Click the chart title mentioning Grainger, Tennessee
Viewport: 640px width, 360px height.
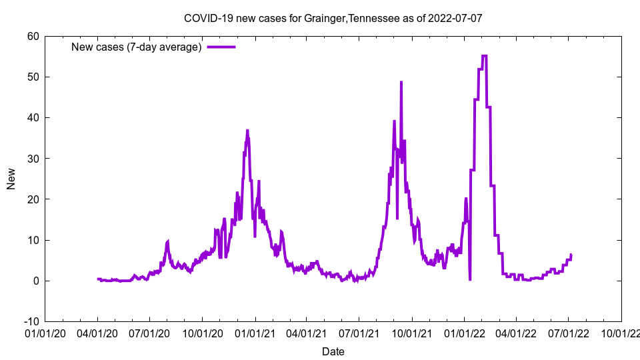tap(333, 18)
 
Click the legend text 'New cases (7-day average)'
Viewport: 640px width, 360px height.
tap(136, 47)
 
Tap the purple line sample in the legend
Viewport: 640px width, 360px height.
tap(221, 47)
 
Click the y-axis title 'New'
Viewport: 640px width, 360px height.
tap(11, 179)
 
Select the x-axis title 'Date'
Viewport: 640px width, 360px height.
tap(333, 351)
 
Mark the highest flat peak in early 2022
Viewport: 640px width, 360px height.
tap(484, 56)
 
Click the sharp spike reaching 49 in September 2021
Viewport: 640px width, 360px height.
tap(401, 82)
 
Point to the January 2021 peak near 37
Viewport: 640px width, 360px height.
tap(247, 131)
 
